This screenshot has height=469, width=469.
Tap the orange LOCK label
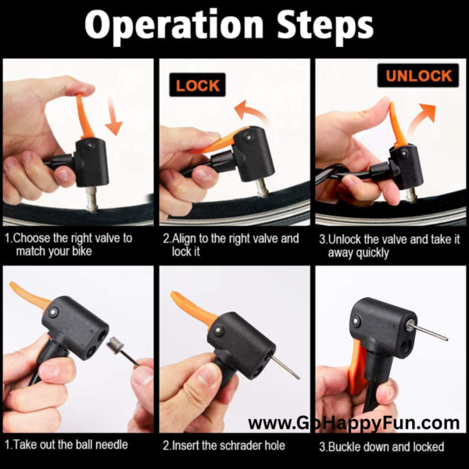click(198, 84)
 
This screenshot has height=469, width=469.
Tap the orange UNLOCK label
click(418, 76)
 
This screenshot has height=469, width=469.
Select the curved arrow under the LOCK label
click(252, 112)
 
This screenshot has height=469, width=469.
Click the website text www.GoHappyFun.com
click(353, 424)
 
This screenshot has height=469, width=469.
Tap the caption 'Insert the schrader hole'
click(225, 446)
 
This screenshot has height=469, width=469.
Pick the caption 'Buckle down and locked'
click(384, 446)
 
